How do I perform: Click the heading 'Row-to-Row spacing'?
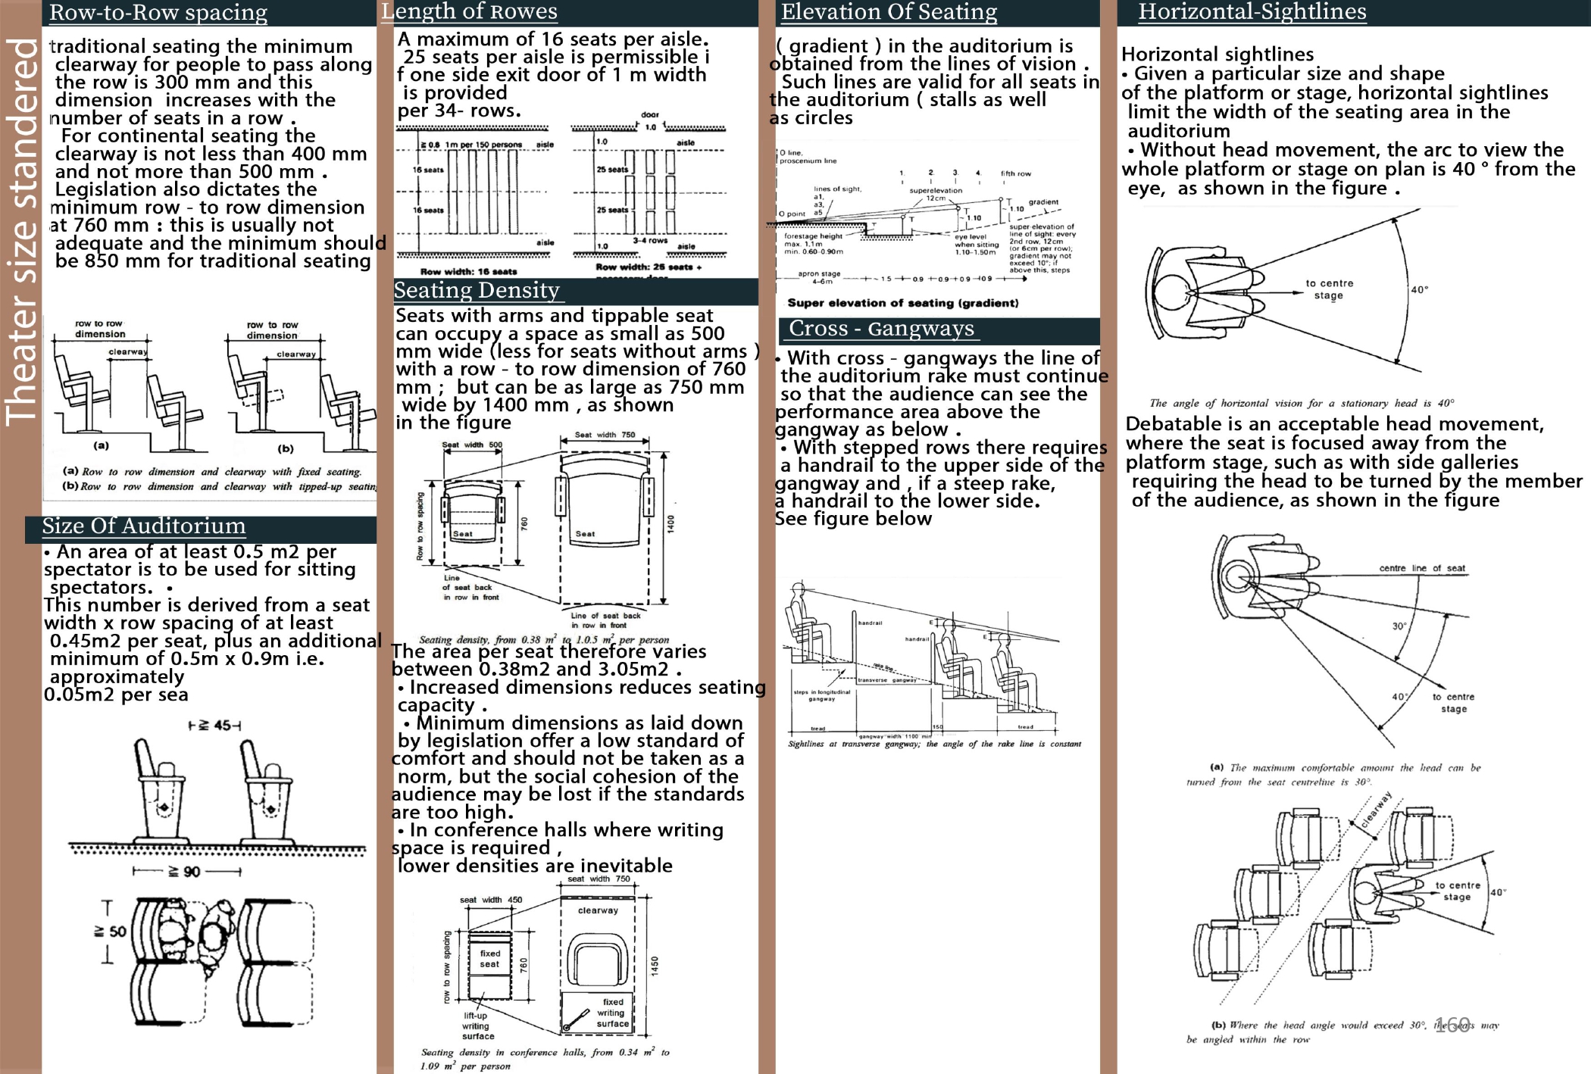click(158, 13)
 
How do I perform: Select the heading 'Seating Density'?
click(477, 291)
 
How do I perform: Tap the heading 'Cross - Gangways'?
click(881, 329)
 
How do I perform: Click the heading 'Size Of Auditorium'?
click(144, 526)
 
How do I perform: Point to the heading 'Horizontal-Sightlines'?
click(1252, 12)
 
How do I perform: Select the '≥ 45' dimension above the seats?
click(215, 726)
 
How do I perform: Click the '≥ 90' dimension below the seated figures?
click(186, 872)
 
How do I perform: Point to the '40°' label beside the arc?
click(1420, 290)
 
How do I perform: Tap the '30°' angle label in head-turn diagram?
click(1399, 626)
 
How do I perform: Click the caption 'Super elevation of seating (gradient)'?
click(902, 303)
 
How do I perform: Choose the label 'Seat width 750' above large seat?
click(605, 435)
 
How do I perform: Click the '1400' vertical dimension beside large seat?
click(670, 524)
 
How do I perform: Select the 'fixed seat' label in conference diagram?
click(489, 959)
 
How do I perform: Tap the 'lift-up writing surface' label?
click(478, 1026)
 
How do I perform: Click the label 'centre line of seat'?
click(1421, 568)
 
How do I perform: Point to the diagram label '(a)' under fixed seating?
click(101, 446)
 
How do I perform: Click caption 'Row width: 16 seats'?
click(468, 271)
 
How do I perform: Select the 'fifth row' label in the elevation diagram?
click(1015, 173)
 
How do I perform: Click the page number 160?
click(1452, 1025)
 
